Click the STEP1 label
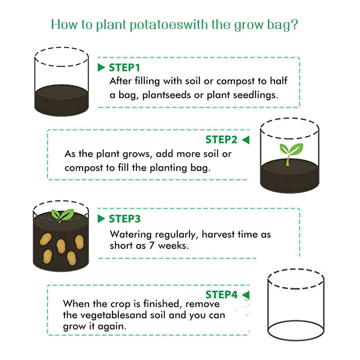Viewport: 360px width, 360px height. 125,68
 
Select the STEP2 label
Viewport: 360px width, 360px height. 221,139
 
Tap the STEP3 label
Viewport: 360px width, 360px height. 125,219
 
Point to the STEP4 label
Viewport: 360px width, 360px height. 221,295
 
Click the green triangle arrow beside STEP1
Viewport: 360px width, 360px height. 101,68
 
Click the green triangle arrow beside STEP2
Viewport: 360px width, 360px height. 245,140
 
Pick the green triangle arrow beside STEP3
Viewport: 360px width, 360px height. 101,219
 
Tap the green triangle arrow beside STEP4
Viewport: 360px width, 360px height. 245,295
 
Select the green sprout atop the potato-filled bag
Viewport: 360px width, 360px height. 62,216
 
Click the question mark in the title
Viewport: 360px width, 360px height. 294,24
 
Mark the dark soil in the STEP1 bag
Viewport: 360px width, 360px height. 62,99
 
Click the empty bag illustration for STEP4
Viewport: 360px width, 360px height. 295,306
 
